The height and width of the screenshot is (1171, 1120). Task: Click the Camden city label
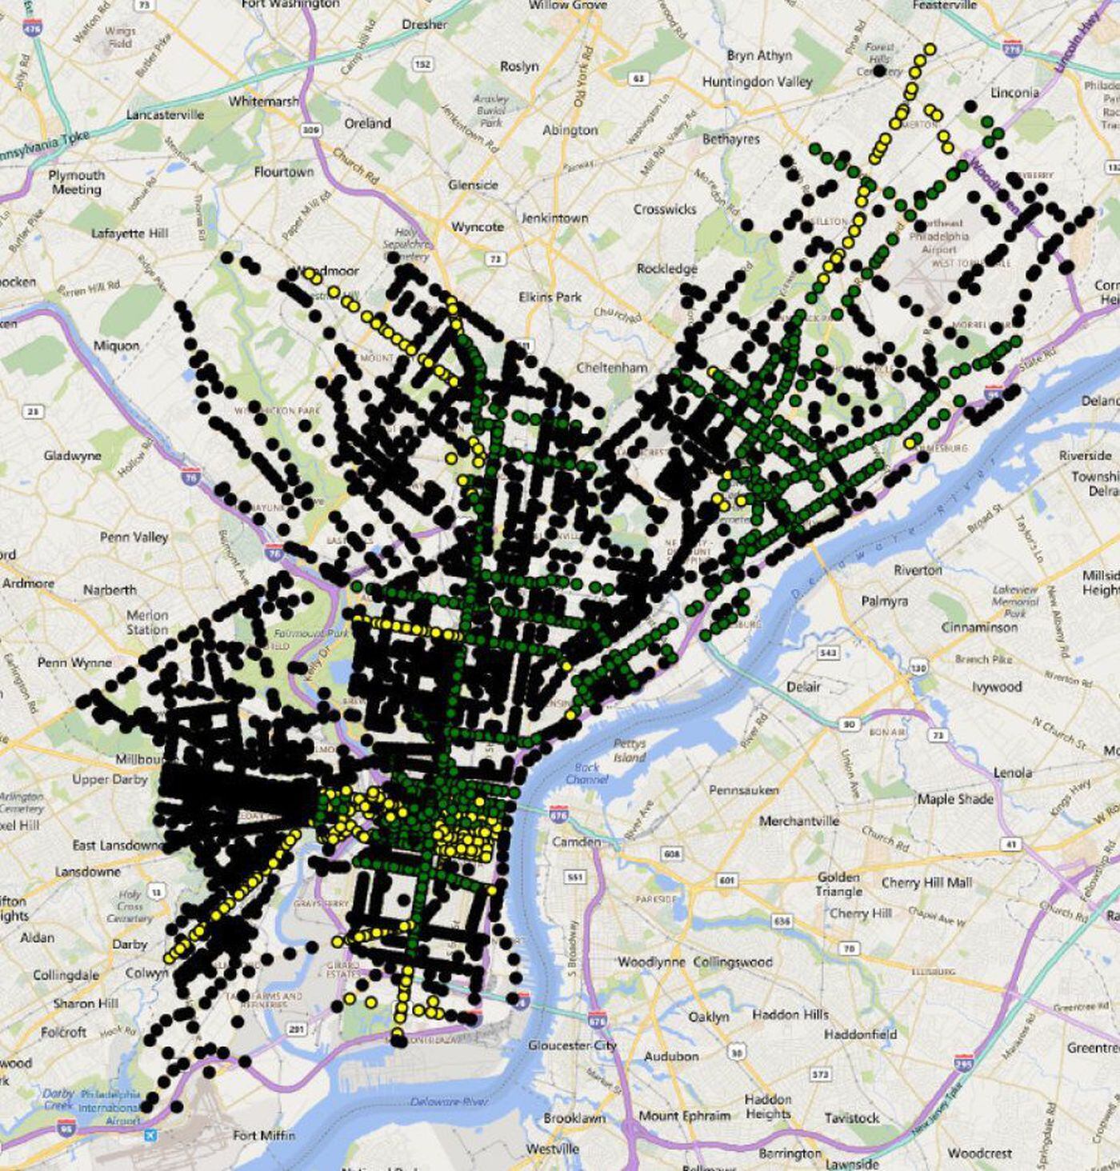pos(575,841)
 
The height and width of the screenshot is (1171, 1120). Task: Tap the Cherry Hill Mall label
pos(926,882)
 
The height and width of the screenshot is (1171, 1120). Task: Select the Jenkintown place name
pos(554,218)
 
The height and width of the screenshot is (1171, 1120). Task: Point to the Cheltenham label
pos(612,368)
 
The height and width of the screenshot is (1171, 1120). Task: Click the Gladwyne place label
pos(72,456)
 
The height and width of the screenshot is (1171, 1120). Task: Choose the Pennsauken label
pos(743,790)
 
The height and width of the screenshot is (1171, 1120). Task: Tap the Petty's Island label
pos(629,749)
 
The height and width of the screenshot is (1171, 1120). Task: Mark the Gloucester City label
pos(572,1045)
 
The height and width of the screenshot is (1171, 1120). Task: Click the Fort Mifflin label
pos(264,1135)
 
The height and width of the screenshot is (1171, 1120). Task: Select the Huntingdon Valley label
pos(757,82)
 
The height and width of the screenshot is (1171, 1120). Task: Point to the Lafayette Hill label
pos(130,233)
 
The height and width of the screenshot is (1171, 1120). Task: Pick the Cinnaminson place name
pos(979,627)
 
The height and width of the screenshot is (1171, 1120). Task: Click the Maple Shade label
pos(955,798)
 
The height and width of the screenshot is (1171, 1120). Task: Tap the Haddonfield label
pos(860,1034)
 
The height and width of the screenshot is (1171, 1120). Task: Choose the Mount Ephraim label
pos(684,1116)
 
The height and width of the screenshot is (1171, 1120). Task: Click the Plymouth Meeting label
pos(76,182)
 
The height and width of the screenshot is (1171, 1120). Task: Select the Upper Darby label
pos(110,779)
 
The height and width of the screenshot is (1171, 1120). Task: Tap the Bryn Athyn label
pos(759,55)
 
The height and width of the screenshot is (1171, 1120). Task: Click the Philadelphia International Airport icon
pos(150,1135)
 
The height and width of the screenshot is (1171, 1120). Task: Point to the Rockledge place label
pos(666,269)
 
